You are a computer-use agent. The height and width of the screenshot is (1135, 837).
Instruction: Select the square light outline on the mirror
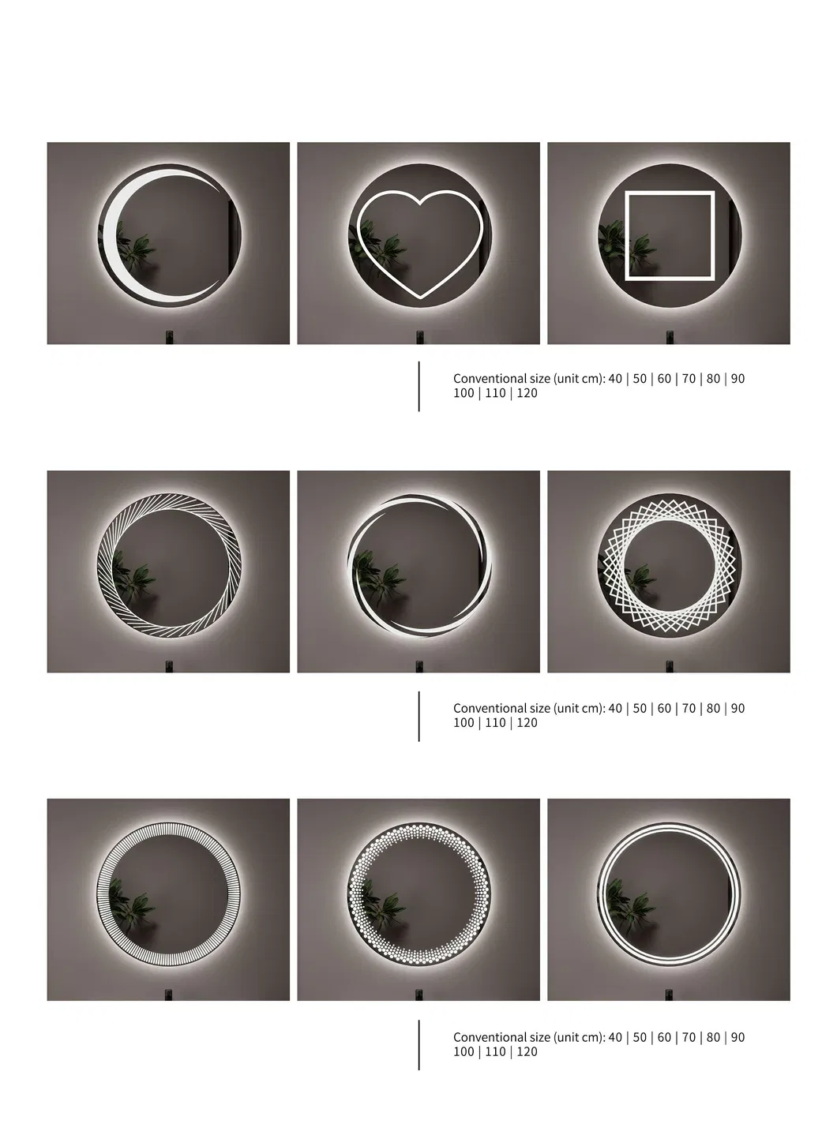pos(627,236)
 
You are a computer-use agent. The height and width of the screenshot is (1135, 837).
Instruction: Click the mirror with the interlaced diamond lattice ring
pos(670,565)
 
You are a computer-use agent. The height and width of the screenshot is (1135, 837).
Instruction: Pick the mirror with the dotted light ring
pos(419,893)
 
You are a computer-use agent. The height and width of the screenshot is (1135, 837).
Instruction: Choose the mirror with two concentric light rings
pos(669,893)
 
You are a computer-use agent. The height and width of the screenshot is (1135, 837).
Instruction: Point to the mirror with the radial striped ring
pos(169,893)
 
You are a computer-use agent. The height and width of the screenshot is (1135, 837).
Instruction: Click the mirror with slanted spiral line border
pos(169,565)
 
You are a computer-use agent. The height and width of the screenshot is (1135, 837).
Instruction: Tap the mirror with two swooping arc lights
pos(419,565)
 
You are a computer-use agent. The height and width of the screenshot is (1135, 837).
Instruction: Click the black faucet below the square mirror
pos(670,337)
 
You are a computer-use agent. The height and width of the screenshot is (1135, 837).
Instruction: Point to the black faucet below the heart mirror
pos(420,337)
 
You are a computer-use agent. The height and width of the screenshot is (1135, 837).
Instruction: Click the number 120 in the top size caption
pos(527,393)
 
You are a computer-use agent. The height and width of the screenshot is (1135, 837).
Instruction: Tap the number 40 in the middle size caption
pos(615,708)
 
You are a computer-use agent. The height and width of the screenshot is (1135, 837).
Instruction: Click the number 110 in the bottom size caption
pos(495,1052)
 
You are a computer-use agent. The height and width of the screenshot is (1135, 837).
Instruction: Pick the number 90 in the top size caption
pos(738,379)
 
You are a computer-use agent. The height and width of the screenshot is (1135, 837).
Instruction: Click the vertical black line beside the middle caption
pos(418,717)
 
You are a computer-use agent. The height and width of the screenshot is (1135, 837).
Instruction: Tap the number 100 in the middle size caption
pos(464,722)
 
